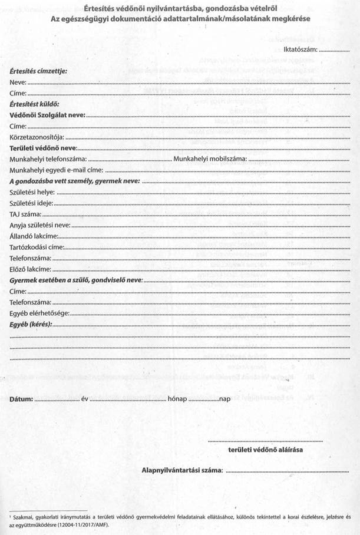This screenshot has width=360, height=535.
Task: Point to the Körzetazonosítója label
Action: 40,137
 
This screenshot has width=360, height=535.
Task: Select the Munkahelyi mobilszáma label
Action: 207,159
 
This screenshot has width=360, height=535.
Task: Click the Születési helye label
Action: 32,192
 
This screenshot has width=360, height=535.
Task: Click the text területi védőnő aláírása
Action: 265,450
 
